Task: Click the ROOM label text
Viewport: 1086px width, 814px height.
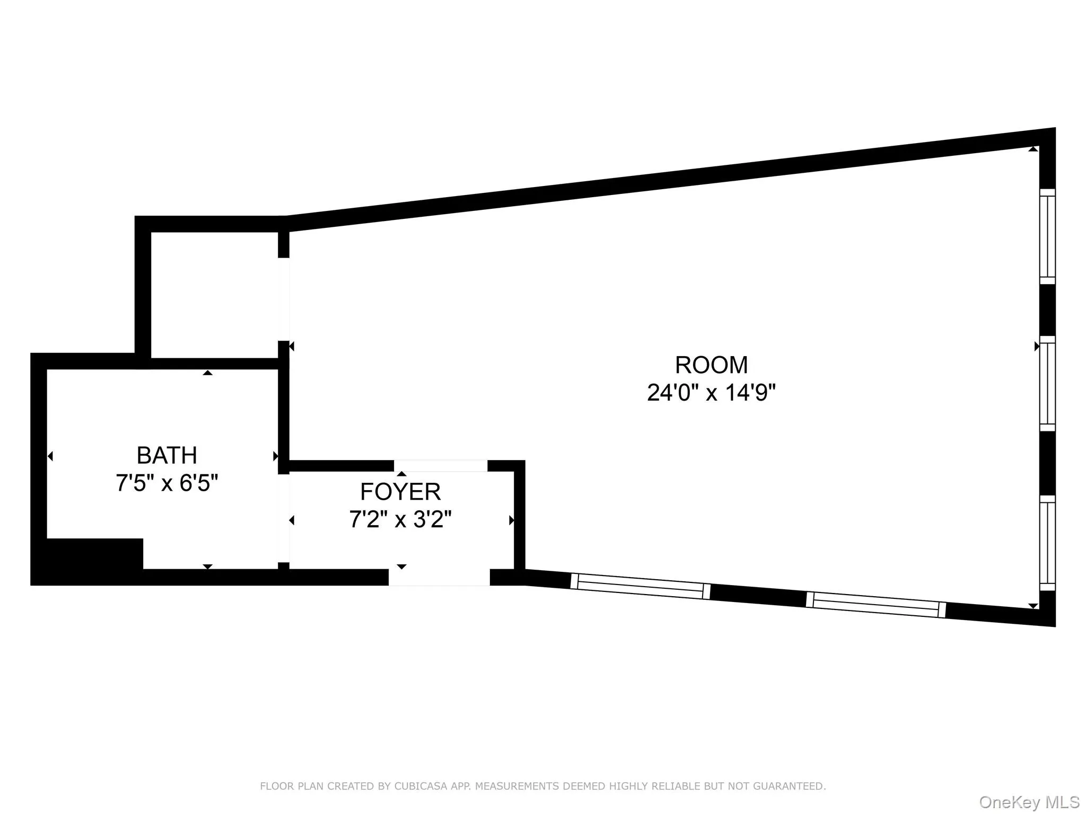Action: (x=711, y=365)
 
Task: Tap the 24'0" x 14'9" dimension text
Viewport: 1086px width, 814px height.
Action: (x=711, y=393)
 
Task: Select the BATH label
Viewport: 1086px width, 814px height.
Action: (x=167, y=455)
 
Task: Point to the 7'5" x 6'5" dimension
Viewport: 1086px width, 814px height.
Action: (x=167, y=483)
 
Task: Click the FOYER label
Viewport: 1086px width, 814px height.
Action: (x=400, y=492)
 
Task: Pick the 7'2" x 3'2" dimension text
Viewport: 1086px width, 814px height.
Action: (x=400, y=519)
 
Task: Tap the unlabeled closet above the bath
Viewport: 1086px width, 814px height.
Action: (x=214, y=294)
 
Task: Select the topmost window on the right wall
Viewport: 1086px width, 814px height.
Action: (x=1047, y=236)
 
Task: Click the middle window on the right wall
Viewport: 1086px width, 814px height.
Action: (x=1047, y=384)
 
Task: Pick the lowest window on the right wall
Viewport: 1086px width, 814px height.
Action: (x=1047, y=543)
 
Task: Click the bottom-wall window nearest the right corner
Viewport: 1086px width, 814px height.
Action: (x=875, y=605)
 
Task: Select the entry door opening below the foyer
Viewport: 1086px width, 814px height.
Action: (x=439, y=577)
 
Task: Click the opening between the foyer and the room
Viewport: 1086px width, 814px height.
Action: (x=440, y=466)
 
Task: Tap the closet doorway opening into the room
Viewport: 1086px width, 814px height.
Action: (x=284, y=299)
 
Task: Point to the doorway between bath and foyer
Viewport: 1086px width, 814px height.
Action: (x=284, y=518)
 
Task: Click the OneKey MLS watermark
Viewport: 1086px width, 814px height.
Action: (x=1029, y=802)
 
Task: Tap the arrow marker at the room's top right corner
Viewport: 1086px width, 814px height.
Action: (x=1032, y=149)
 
